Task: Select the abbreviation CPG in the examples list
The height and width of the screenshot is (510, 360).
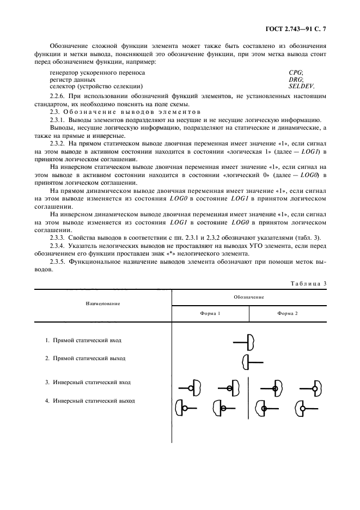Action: [296, 72]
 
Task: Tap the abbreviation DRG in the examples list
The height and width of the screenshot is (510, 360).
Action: [296, 79]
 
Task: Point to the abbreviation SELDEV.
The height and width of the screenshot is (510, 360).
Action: [301, 86]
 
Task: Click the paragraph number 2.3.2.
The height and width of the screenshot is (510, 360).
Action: [58, 143]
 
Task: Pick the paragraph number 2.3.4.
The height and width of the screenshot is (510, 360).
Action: [58, 247]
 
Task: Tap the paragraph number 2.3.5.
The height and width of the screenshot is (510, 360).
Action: [58, 262]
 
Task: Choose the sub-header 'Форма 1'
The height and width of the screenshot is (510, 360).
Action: [210, 313]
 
